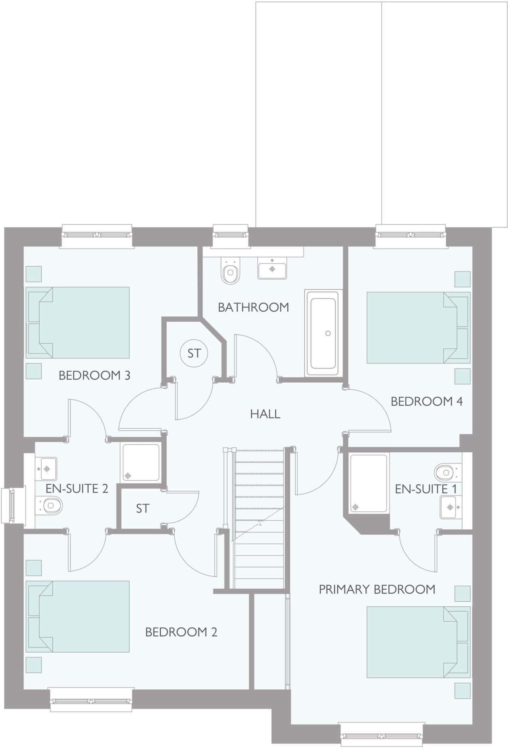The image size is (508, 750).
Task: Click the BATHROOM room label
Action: click(x=253, y=307)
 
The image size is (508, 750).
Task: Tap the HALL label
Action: click(x=265, y=414)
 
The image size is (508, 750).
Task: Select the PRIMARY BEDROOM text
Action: click(x=377, y=589)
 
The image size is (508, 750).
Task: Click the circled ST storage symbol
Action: click(x=194, y=353)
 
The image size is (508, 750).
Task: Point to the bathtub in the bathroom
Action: click(x=322, y=333)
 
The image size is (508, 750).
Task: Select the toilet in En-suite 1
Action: click(x=446, y=471)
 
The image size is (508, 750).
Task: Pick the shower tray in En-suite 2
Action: click(x=141, y=463)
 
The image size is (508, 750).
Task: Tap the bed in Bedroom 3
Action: click(x=78, y=322)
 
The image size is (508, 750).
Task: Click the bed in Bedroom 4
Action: click(x=418, y=327)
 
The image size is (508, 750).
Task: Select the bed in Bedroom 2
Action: click(x=78, y=616)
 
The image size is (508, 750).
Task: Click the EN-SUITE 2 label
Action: click(x=77, y=489)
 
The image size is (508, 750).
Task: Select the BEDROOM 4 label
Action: click(x=426, y=401)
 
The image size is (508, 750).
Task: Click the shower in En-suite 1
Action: click(x=368, y=484)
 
